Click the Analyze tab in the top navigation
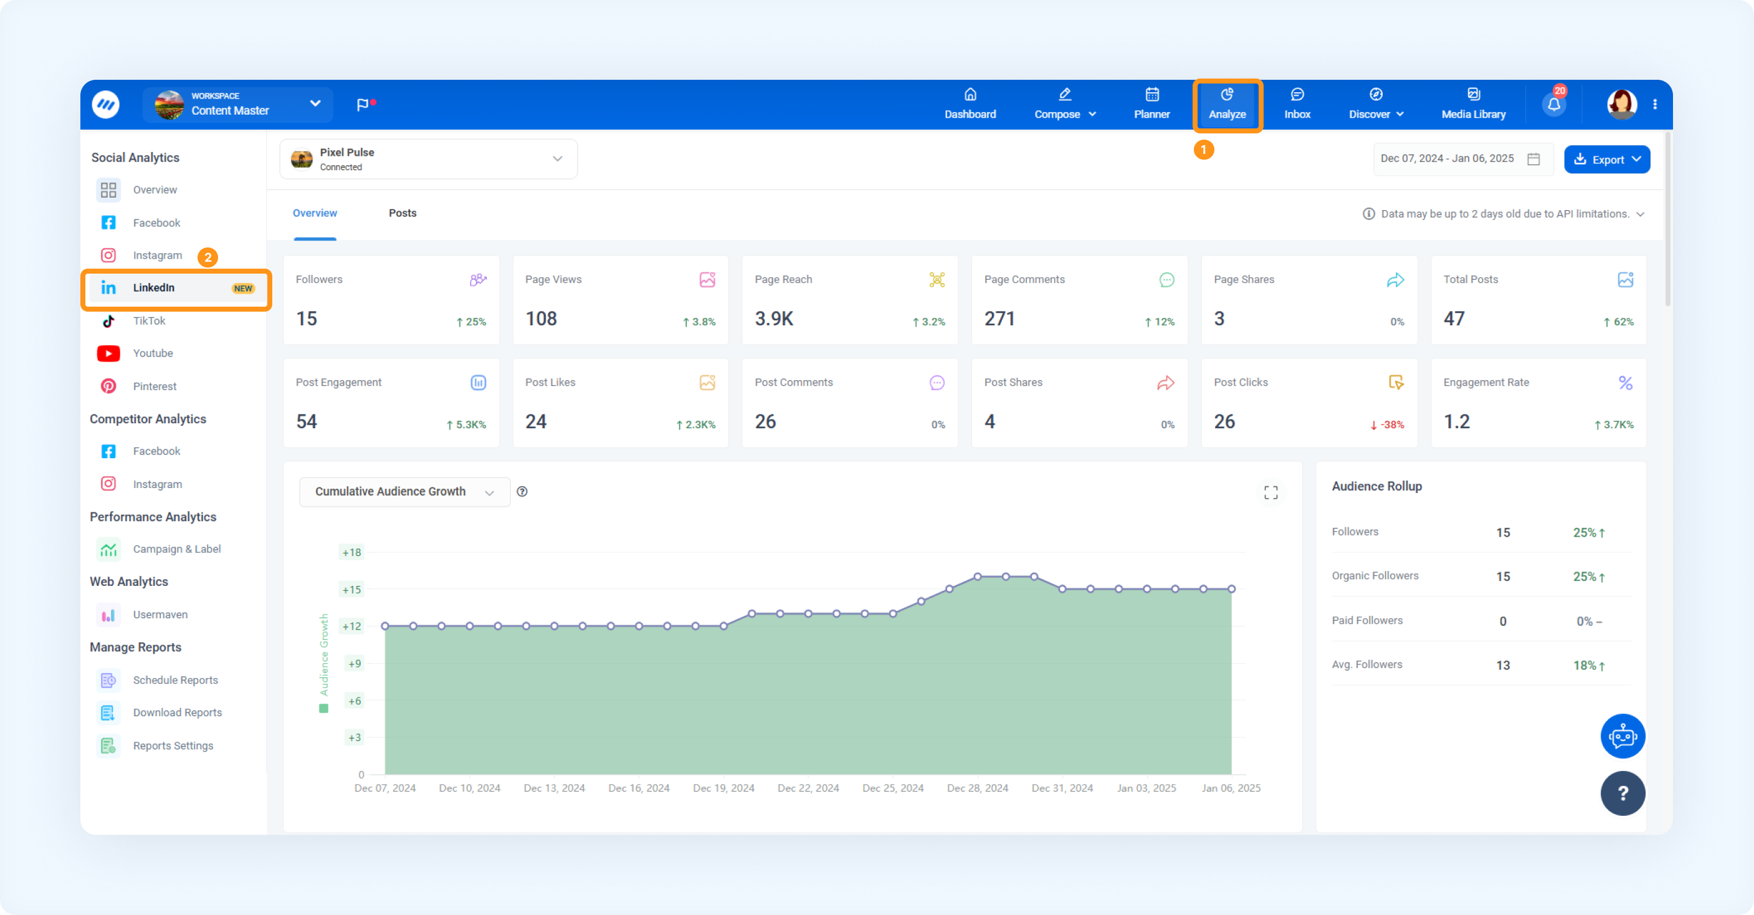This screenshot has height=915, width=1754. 1227,104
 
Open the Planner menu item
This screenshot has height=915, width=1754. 1151,104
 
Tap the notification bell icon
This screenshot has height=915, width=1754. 1553,104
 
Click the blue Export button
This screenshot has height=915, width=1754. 1606,160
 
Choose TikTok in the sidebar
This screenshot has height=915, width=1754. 149,321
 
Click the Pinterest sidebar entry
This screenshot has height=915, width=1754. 155,386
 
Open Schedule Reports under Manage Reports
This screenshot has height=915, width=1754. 175,680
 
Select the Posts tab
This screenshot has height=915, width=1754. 403,213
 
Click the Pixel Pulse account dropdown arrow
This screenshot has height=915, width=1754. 558,159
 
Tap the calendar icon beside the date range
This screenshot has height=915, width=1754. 1533,159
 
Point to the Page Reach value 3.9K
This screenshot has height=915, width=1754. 774,319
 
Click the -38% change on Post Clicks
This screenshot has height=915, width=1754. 1387,425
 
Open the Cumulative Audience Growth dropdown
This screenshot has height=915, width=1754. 404,492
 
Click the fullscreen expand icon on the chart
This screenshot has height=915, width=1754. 1270,492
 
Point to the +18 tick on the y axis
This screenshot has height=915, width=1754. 351,552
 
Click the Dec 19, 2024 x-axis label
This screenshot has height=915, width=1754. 723,788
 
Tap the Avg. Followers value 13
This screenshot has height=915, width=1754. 1503,666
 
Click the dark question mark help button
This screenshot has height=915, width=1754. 1623,793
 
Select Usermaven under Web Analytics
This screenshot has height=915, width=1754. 160,615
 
